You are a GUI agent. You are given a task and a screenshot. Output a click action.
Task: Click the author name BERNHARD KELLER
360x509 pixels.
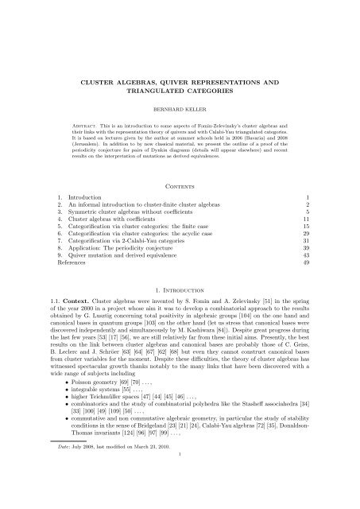180,104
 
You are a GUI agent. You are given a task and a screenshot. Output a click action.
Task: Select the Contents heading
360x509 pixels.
180,180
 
